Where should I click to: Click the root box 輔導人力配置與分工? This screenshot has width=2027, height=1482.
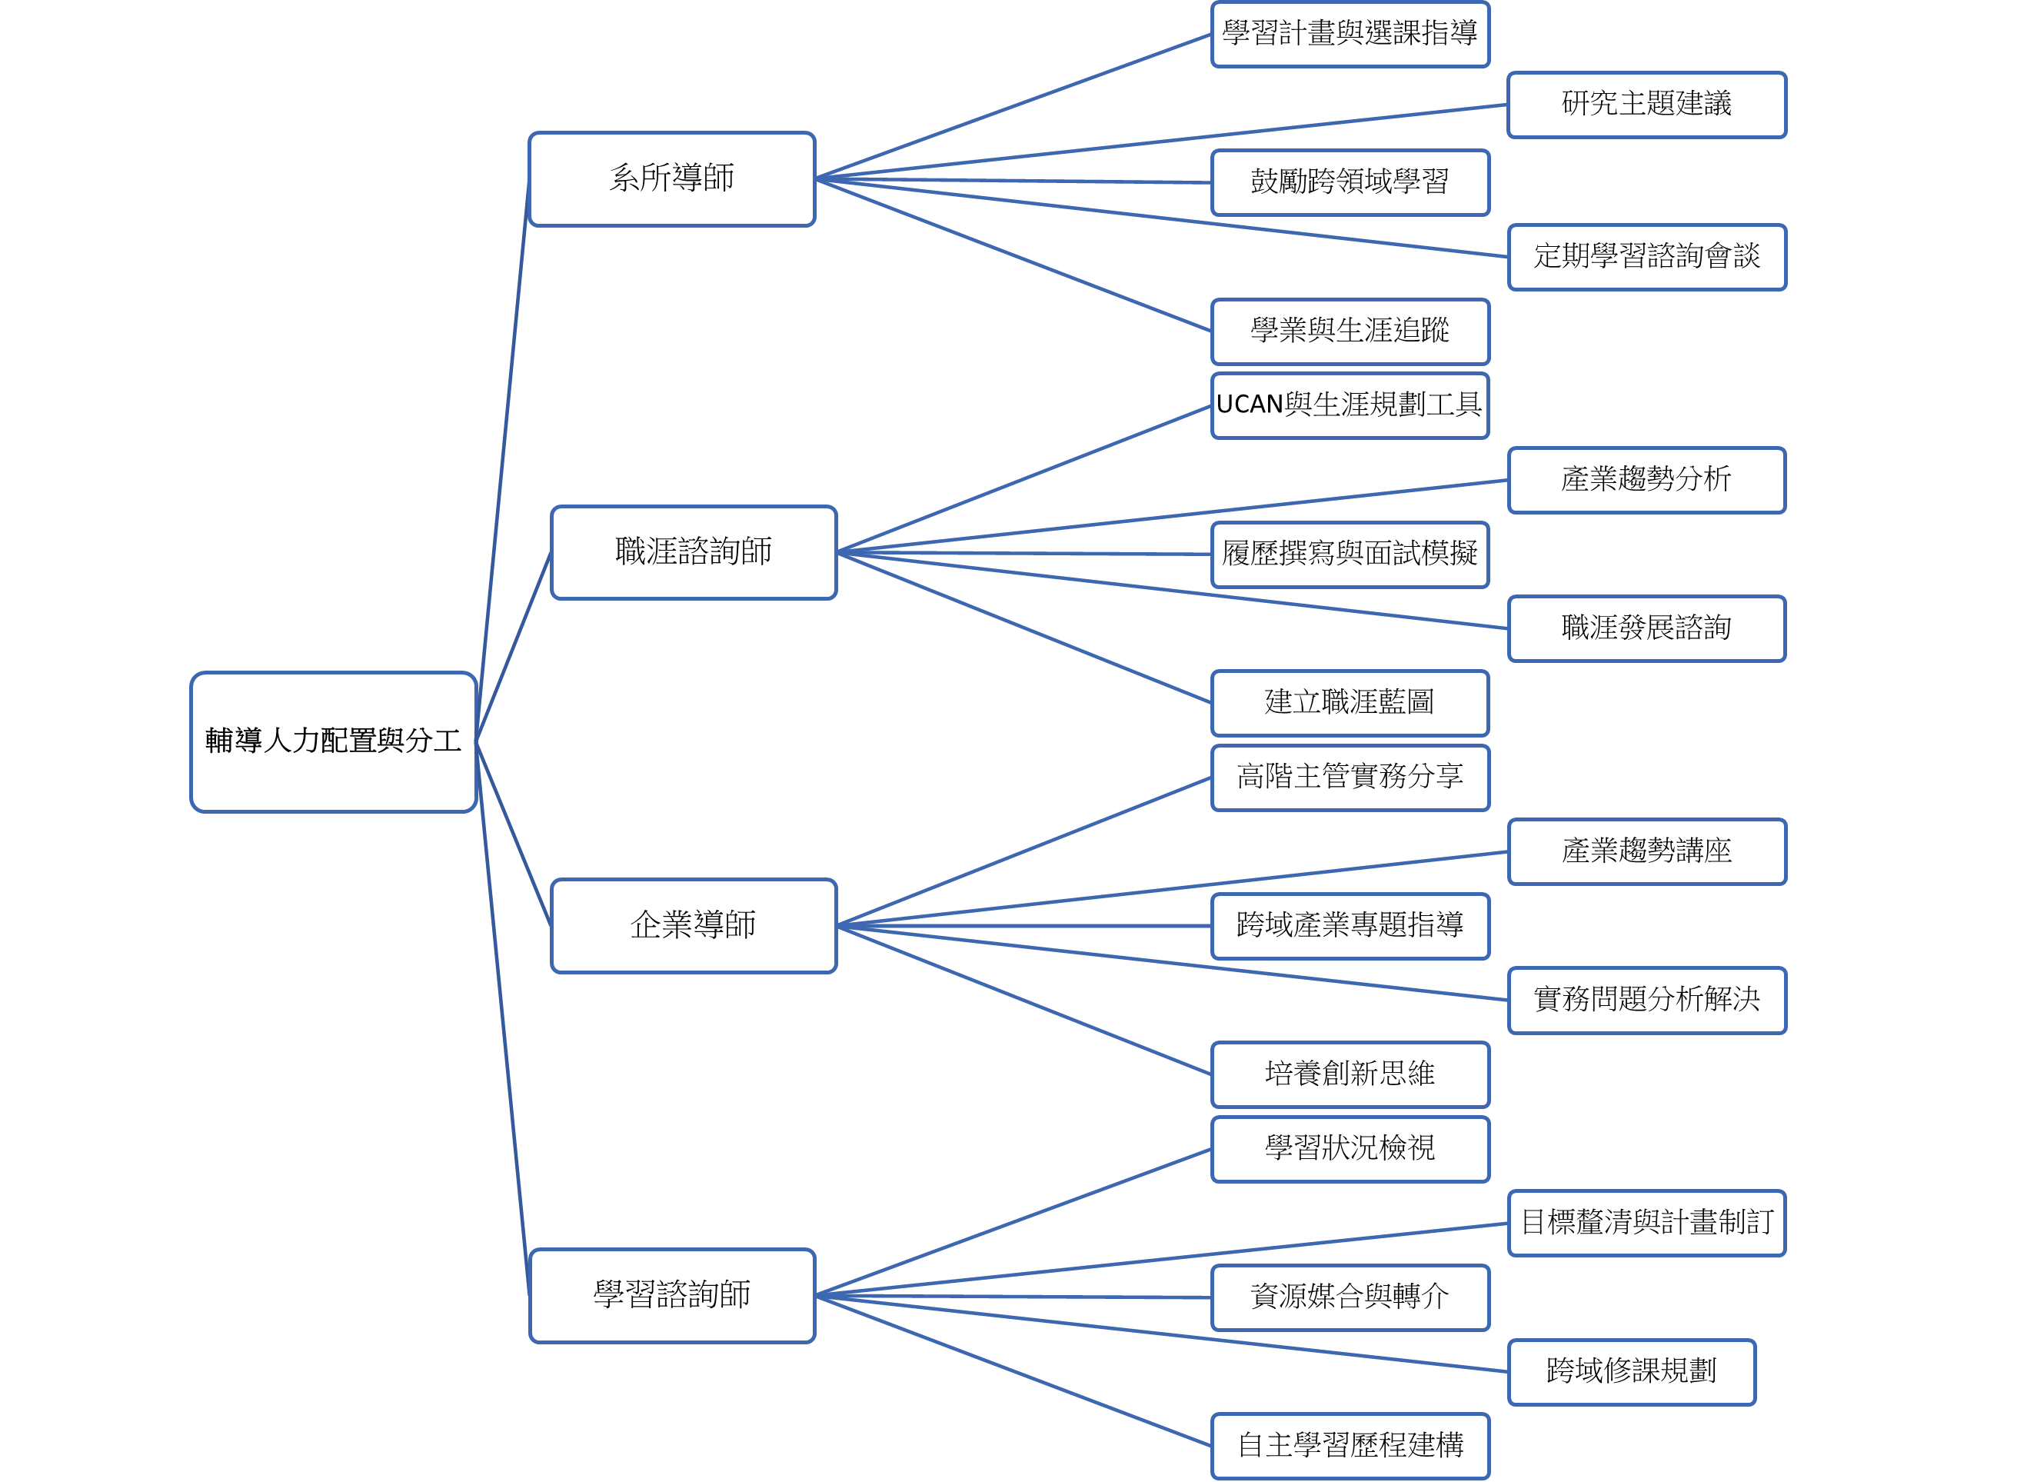pyautogui.click(x=333, y=742)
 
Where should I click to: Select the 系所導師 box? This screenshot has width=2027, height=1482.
pyautogui.click(x=672, y=178)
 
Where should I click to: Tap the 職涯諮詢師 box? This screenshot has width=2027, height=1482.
pyautogui.click(x=694, y=551)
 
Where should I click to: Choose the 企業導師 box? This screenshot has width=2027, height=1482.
pyautogui.click(x=694, y=925)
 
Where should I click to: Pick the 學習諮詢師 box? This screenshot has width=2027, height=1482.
pyautogui.click(x=672, y=1295)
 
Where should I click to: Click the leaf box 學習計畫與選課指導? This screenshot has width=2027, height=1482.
pyautogui.click(x=1350, y=34)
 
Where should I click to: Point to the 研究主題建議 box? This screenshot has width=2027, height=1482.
pyautogui.click(x=1646, y=104)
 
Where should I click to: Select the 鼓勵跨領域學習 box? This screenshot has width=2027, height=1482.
pyautogui.click(x=1350, y=182)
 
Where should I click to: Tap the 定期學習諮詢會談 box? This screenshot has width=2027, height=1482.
pyautogui.click(x=1646, y=257)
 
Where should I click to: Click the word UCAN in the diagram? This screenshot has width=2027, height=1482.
pyautogui.click(x=1250, y=405)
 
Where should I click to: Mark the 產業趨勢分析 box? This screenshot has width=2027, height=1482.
pyautogui.click(x=1646, y=480)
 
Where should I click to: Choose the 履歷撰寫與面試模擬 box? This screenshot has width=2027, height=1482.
pyautogui.click(x=1350, y=555)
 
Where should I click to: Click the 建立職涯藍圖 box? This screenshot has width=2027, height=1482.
pyautogui.click(x=1350, y=702)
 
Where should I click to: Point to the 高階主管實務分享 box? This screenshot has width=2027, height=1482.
pyautogui.click(x=1350, y=777)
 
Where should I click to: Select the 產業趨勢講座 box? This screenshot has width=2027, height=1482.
pyautogui.click(x=1646, y=851)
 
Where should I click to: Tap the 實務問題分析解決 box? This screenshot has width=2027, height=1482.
pyautogui.click(x=1646, y=999)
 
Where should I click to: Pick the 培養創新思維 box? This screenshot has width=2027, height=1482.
pyautogui.click(x=1350, y=1074)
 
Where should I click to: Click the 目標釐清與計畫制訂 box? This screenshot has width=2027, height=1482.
pyautogui.click(x=1646, y=1223)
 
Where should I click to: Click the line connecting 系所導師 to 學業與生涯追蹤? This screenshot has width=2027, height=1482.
pyautogui.click(x=1013, y=255)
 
